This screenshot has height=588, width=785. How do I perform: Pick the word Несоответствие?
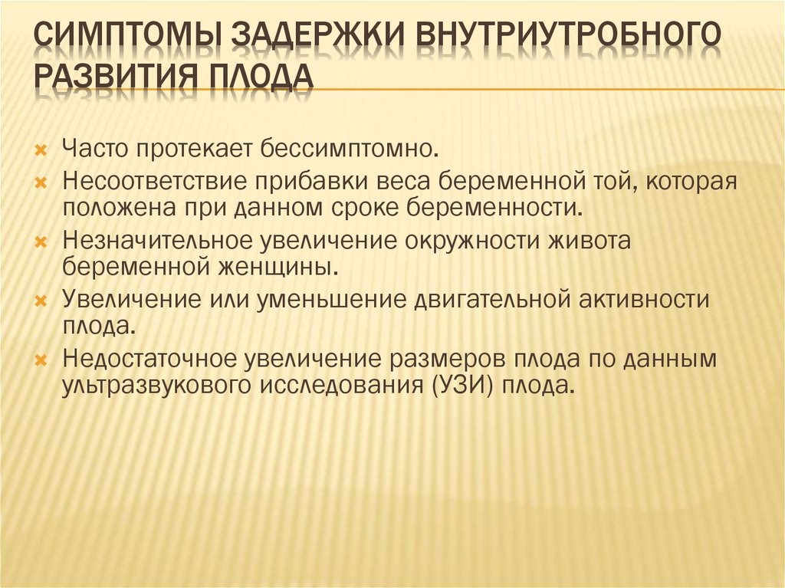click(155, 182)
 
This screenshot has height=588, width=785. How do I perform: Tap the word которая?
click(691, 182)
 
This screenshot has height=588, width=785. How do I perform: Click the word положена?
click(119, 208)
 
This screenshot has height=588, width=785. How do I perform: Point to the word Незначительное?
click(158, 241)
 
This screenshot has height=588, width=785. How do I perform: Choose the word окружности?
click(471, 241)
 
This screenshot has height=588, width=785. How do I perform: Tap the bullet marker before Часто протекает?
click(41, 149)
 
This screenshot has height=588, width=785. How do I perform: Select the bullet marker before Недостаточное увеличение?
click(41, 360)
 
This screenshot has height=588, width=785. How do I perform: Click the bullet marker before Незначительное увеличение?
click(41, 242)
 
